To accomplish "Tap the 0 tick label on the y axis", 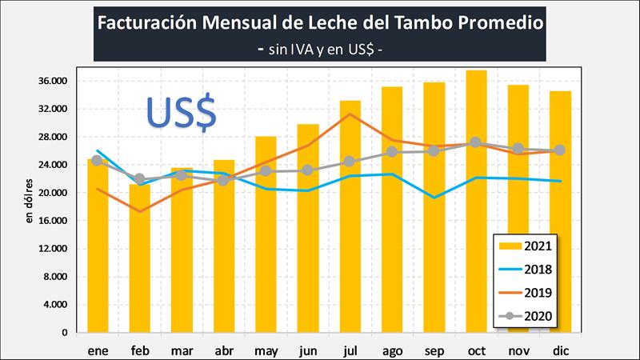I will pyautogui.click(x=72, y=333).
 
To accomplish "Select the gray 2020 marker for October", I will pyautogui.click(x=476, y=142).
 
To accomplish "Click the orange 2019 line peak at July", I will pyautogui.click(x=350, y=114).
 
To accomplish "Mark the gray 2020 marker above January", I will pyautogui.click(x=97, y=160).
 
